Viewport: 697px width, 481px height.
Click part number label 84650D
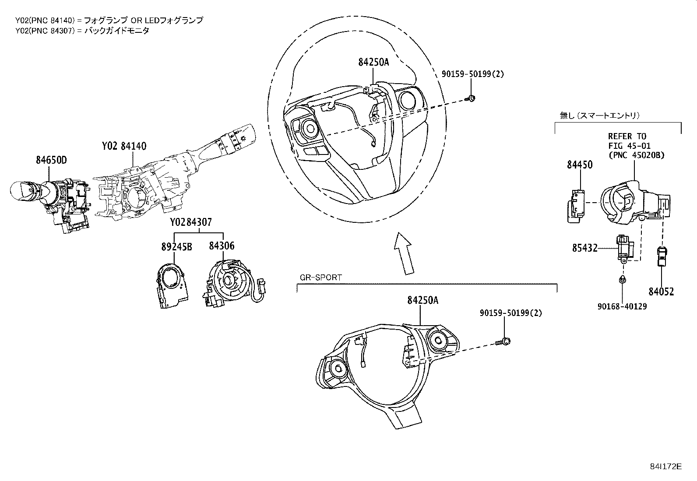[x=51, y=161]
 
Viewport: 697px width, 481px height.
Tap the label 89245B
[x=176, y=246]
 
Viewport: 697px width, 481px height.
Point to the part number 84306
[x=222, y=246]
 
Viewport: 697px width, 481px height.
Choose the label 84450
[x=580, y=165]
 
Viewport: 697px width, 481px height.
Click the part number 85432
[x=584, y=249]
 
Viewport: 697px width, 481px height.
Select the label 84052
[x=661, y=291]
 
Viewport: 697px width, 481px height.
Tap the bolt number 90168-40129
[x=622, y=306]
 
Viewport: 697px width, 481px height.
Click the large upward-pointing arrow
[x=403, y=254]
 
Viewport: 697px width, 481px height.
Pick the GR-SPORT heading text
[x=321, y=277]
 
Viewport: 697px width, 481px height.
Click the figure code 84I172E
[x=665, y=467]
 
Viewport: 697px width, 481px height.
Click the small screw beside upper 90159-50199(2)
[x=472, y=98]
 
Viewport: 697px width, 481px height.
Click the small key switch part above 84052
[x=661, y=256]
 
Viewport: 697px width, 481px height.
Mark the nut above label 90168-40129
[x=622, y=280]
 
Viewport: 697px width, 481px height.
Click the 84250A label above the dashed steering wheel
[x=373, y=62]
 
